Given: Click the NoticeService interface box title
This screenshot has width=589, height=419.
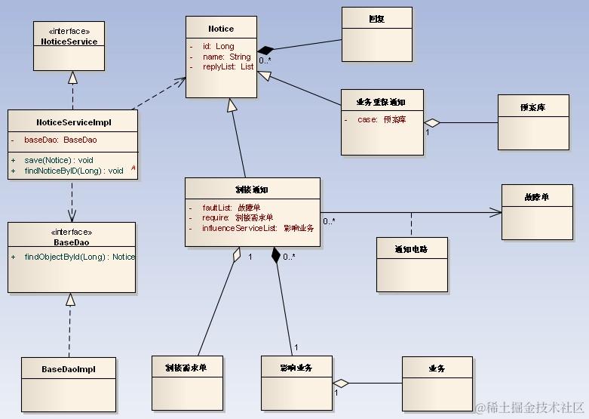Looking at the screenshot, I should coord(69,42).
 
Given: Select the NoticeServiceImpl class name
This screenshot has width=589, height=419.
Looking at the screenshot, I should coord(72,122).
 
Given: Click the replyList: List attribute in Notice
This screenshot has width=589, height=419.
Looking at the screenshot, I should coord(227,67).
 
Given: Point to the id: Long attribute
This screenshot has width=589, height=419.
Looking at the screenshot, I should coord(219,47).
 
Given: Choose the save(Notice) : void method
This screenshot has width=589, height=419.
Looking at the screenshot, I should coord(59,160).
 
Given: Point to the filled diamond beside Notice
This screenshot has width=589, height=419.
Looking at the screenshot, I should coord(264,49).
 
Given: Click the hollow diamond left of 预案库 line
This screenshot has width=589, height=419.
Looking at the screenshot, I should coord(431,122).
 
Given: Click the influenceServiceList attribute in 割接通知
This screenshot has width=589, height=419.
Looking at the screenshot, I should coord(257,227).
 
